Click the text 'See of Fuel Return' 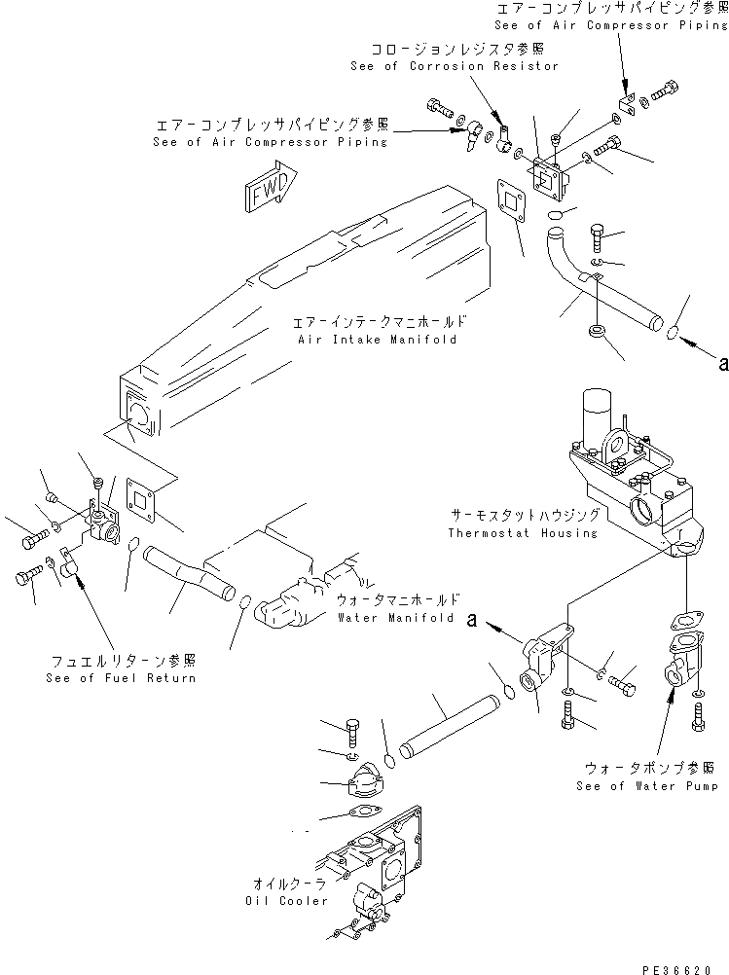coord(121,677)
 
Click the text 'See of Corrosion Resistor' coord(455,66)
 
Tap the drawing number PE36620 coord(690,963)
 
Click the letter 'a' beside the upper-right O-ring coord(721,364)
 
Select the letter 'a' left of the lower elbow coord(473,619)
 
